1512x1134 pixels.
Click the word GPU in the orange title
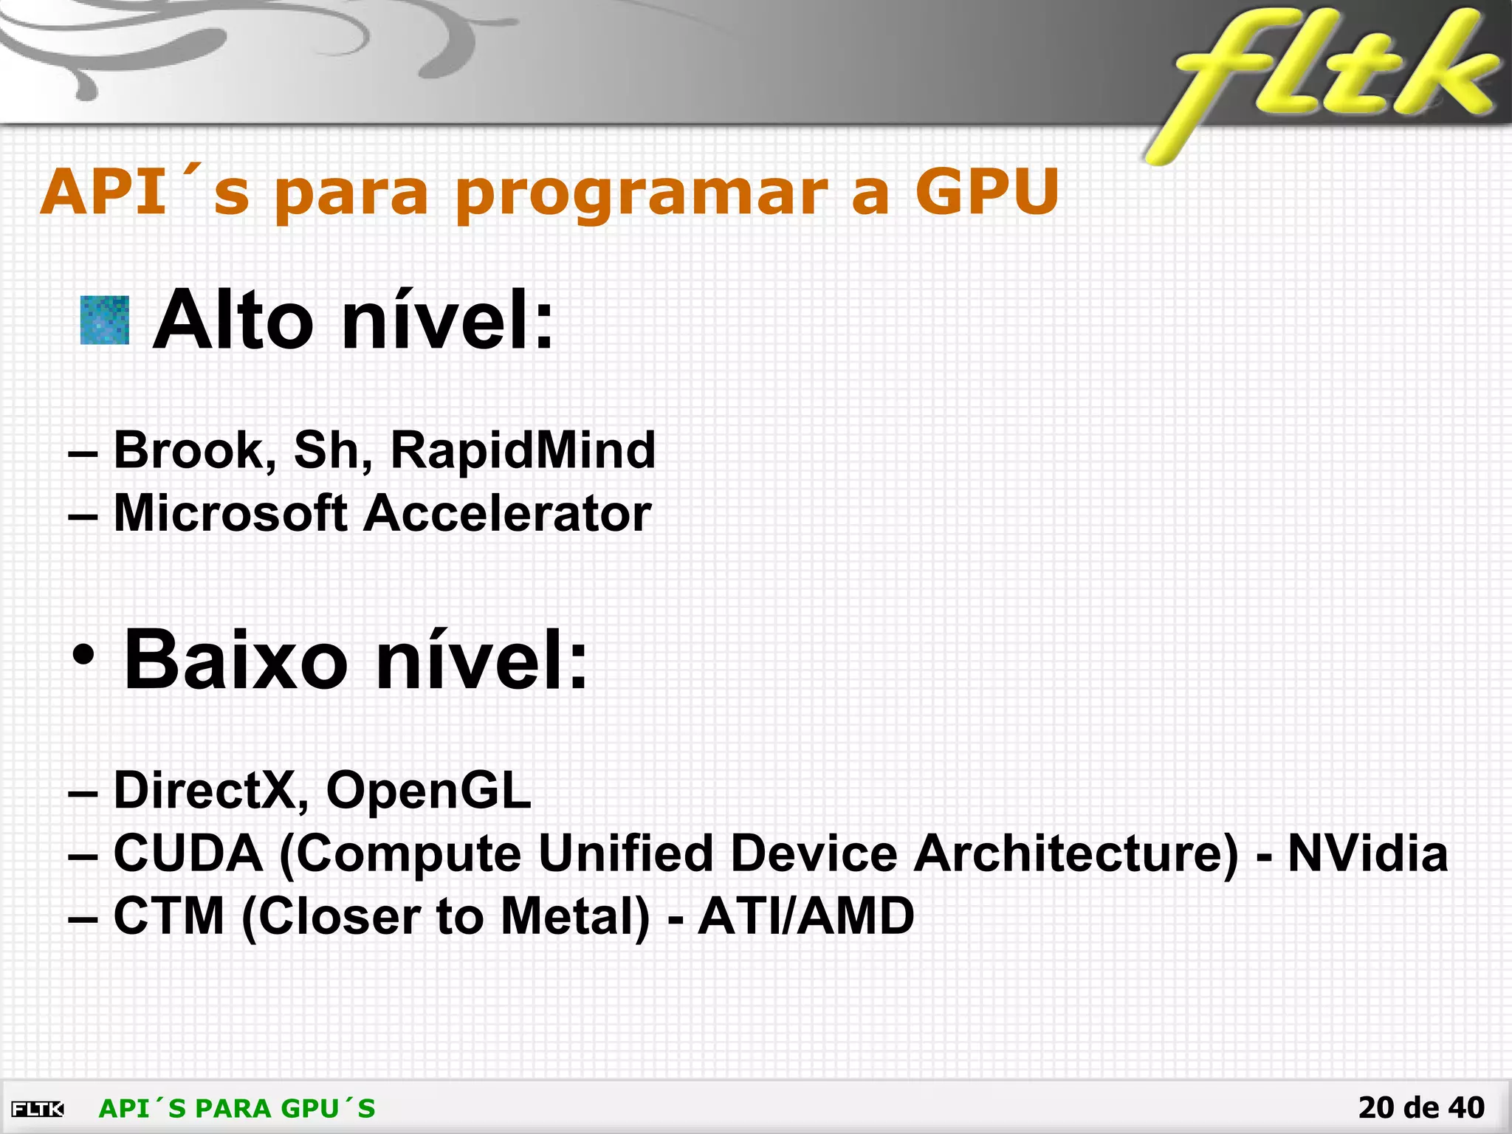[x=987, y=192]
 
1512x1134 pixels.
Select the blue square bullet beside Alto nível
[x=105, y=320]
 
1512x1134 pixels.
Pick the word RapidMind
[x=523, y=450]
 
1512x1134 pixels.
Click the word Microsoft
[x=230, y=513]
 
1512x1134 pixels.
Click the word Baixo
[x=235, y=659]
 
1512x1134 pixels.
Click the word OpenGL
[x=428, y=791]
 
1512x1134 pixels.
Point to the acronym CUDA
[x=188, y=853]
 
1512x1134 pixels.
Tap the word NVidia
[x=1367, y=853]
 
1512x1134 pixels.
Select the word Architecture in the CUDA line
[x=1075, y=853]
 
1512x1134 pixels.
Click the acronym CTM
[x=169, y=916]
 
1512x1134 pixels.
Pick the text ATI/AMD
[x=806, y=916]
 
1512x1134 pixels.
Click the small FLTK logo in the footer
[x=38, y=1109]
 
